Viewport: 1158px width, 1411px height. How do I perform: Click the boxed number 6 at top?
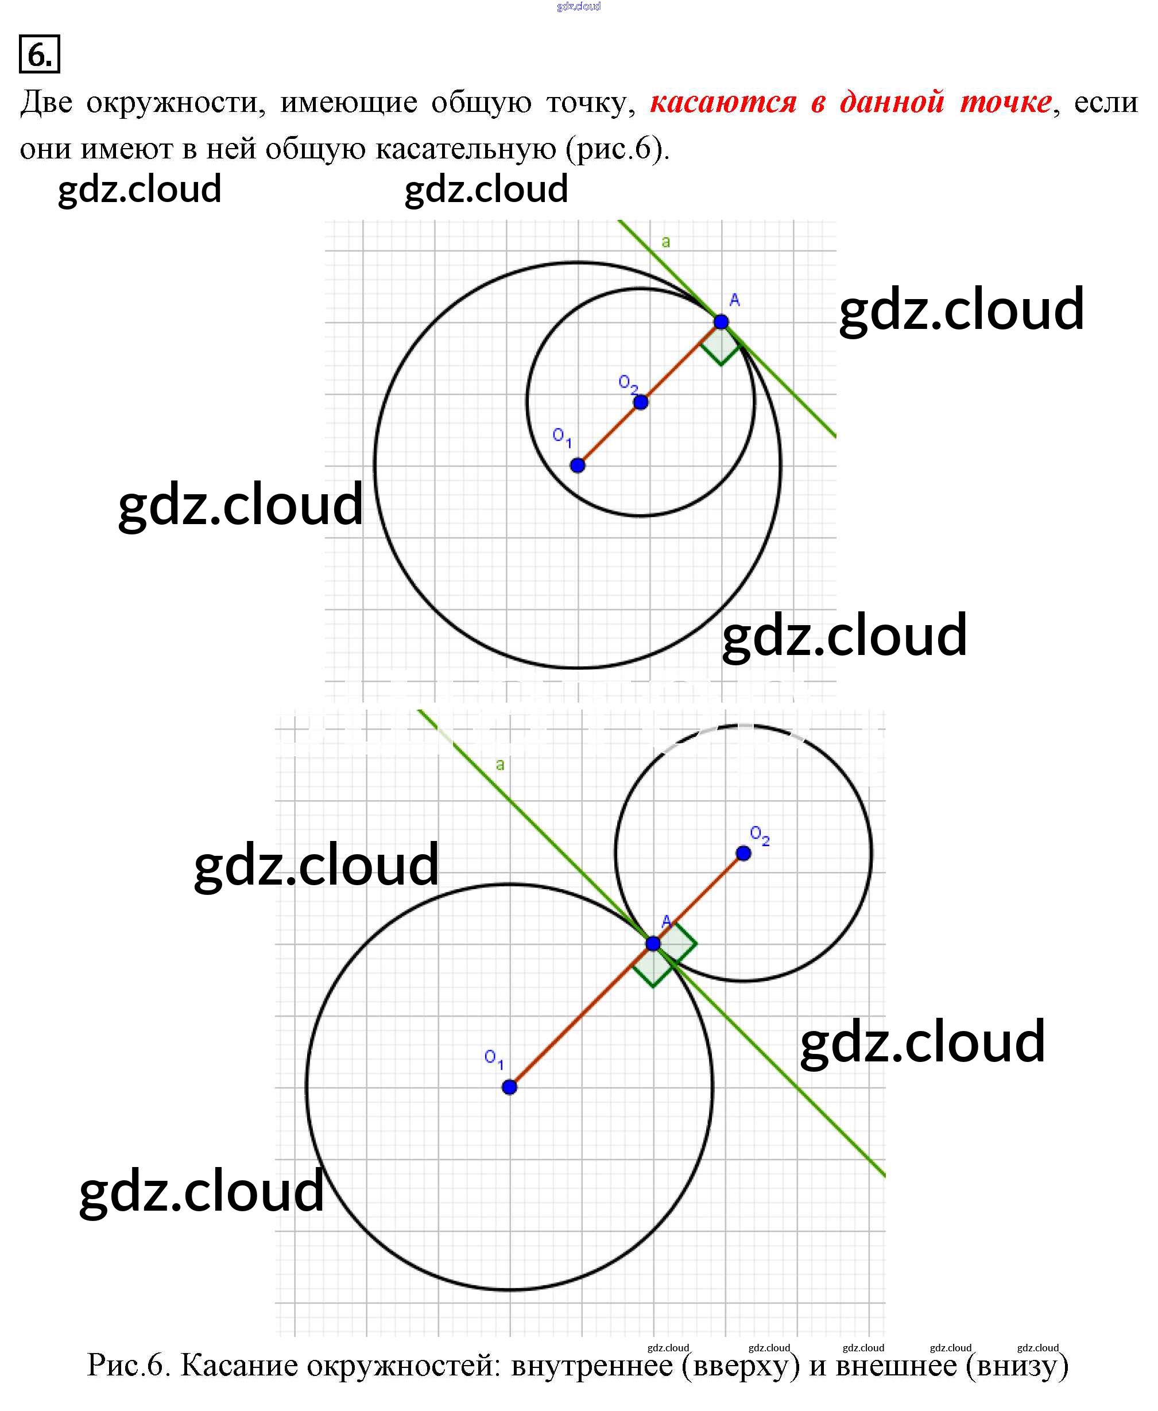(40, 55)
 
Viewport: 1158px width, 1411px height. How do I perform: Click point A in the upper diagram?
(721, 322)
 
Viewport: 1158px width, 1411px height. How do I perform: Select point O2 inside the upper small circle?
(640, 402)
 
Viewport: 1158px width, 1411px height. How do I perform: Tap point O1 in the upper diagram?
(578, 465)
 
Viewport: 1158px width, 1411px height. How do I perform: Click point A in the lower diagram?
(653, 944)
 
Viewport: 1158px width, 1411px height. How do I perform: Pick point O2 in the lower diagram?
(743, 853)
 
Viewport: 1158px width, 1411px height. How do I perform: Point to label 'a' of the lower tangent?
(499, 765)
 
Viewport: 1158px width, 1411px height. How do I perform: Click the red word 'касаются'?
(723, 102)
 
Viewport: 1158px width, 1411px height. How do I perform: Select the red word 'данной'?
(892, 102)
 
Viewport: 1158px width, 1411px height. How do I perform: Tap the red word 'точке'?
(1006, 102)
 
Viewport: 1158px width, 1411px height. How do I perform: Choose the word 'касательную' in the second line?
(466, 149)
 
